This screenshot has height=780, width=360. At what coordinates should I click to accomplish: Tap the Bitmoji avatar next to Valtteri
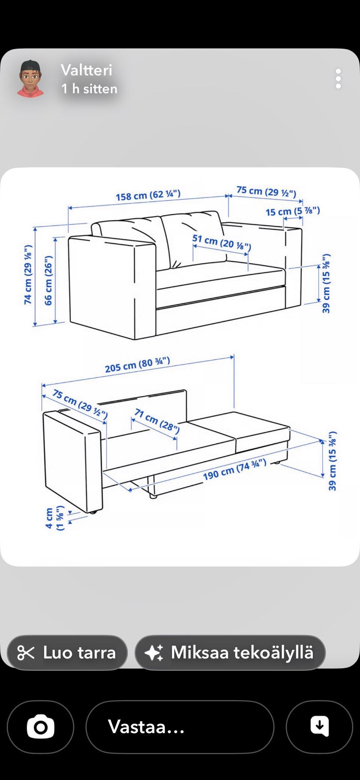coord(30,79)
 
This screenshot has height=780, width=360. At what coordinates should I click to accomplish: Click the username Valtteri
coord(87,70)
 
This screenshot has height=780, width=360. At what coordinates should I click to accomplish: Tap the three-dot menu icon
coord(338,79)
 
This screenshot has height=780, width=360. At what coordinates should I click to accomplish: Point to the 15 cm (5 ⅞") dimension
coord(293,211)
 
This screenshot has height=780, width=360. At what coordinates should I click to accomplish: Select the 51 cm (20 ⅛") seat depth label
coord(222,242)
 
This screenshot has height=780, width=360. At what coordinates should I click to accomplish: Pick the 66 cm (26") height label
coord(49,280)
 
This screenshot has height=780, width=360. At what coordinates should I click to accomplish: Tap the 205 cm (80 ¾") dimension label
coord(138,365)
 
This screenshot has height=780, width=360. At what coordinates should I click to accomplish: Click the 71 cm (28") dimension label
coord(157,421)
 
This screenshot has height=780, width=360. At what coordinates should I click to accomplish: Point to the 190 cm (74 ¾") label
coord(235,469)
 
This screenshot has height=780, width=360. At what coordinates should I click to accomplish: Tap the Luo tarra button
coord(67,652)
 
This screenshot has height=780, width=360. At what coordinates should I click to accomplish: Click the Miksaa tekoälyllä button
coord(230,652)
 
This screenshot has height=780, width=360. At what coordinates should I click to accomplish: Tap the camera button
coord(40,727)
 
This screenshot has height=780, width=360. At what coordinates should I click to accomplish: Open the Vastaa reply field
coord(180,727)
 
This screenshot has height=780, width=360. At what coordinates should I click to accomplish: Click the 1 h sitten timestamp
coord(89,89)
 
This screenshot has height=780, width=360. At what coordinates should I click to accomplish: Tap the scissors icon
coord(26,653)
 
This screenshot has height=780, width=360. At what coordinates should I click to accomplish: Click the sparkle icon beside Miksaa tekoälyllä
coord(154,653)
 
